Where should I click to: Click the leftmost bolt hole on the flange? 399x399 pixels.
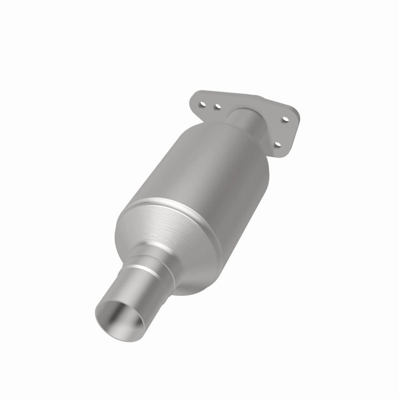tap(206, 102)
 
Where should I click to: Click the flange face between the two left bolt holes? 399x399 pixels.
tap(212, 104)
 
